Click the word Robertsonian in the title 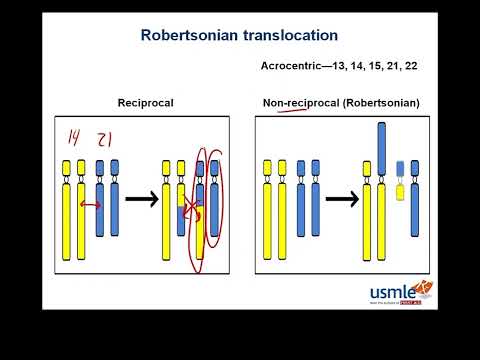point(189,35)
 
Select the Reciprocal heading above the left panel point(146,103)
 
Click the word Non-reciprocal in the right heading point(299,103)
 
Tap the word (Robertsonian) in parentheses point(379,103)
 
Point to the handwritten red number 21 point(102,139)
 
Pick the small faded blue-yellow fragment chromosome point(400,180)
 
